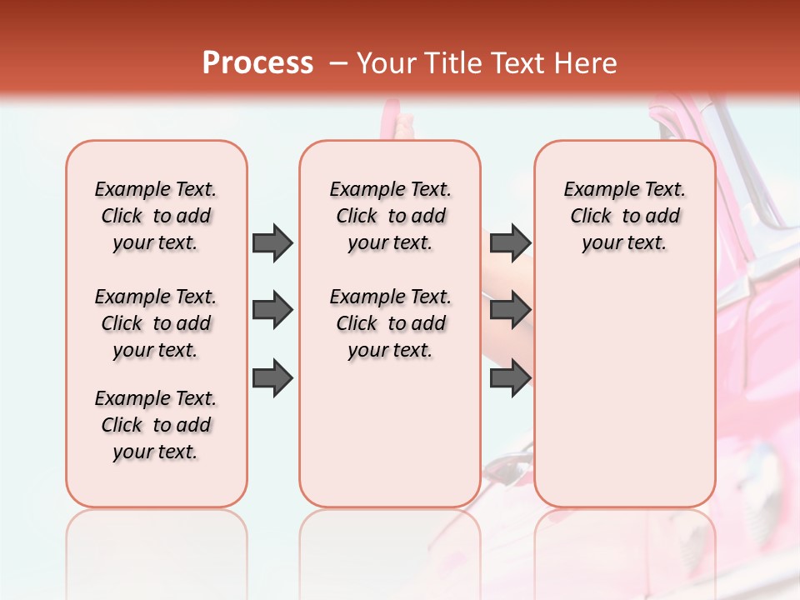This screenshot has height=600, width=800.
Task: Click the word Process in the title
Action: (257, 63)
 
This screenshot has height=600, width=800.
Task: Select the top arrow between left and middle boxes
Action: (272, 242)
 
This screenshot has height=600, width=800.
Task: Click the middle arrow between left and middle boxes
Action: (272, 311)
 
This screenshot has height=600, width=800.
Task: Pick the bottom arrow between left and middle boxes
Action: (272, 377)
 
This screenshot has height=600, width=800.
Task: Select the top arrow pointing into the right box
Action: (510, 242)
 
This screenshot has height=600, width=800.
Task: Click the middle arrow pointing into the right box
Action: (510, 311)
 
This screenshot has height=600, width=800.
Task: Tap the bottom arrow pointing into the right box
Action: (510, 377)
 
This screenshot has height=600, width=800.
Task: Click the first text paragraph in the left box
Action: (156, 216)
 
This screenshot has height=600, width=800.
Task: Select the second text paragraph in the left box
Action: (156, 323)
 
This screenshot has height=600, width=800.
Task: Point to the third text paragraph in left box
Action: (156, 425)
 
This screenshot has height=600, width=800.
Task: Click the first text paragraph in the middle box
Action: (390, 216)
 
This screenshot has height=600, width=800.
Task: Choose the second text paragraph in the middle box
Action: (390, 323)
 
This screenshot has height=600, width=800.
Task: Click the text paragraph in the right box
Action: (625, 216)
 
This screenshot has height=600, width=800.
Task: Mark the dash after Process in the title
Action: (339, 64)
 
